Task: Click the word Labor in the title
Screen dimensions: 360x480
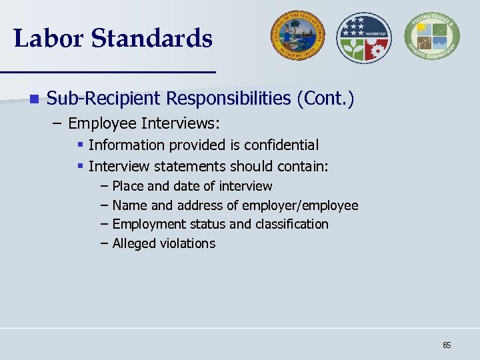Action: point(48,38)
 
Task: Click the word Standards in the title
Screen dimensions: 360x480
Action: point(152,38)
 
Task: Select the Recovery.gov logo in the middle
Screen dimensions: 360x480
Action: point(363,37)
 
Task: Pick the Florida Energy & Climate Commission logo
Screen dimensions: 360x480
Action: point(432,37)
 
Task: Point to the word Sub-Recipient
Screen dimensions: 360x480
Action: point(103,99)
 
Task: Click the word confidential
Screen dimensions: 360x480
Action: point(281,145)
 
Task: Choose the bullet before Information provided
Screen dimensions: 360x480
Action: point(80,145)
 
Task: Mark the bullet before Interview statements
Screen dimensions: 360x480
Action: point(80,165)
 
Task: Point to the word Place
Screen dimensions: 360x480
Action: point(127,186)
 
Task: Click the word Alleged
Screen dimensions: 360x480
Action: point(134,243)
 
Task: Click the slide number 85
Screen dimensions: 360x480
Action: point(447,345)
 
